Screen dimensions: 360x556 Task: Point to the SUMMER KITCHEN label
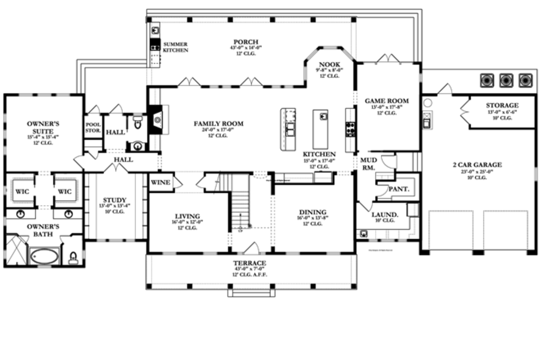tap(175, 47)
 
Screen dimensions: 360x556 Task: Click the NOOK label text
tap(329, 64)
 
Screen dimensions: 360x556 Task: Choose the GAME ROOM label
tap(387, 101)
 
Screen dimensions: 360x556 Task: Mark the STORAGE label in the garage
tap(502, 105)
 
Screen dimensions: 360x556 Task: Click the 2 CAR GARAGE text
tap(477, 165)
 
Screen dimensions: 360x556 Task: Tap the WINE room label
tap(161, 183)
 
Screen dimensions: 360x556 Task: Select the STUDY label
tap(115, 200)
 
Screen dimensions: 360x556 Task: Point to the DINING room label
tap(313, 212)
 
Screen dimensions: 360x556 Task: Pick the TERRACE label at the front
tap(250, 263)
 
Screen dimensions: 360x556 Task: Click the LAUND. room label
tap(385, 214)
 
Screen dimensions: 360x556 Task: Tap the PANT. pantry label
tap(399, 190)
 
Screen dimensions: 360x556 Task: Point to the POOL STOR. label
tap(93, 128)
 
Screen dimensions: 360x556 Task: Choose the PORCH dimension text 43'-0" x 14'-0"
tap(245, 48)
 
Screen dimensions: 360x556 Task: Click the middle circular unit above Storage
tap(506, 80)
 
